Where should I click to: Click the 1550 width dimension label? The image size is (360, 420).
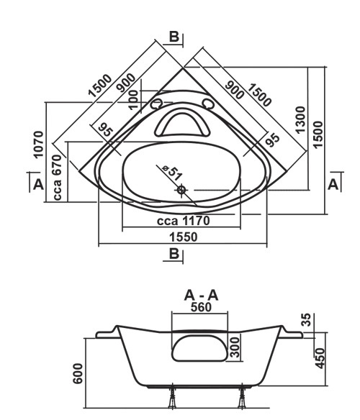[x=184, y=237]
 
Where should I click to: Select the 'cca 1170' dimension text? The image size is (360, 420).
[x=183, y=221]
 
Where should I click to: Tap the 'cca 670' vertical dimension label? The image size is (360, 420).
[x=58, y=177]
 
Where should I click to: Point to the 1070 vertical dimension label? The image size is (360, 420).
[x=38, y=144]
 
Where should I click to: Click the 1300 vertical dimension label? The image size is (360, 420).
[x=300, y=119]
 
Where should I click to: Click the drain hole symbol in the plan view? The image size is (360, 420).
[x=181, y=190]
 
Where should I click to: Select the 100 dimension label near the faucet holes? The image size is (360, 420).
[x=134, y=100]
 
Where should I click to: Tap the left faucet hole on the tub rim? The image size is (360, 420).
[x=156, y=104]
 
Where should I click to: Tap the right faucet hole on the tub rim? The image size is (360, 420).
[x=207, y=104]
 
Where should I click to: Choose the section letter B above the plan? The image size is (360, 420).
[x=174, y=37]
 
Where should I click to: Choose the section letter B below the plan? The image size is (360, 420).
[x=174, y=253]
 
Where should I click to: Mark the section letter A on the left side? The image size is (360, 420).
[x=38, y=185]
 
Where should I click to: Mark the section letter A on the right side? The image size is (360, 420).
[x=333, y=184]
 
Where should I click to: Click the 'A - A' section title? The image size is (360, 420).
[x=201, y=296]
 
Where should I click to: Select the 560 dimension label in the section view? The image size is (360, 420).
[x=201, y=307]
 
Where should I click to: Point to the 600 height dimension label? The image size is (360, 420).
[x=78, y=373]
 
